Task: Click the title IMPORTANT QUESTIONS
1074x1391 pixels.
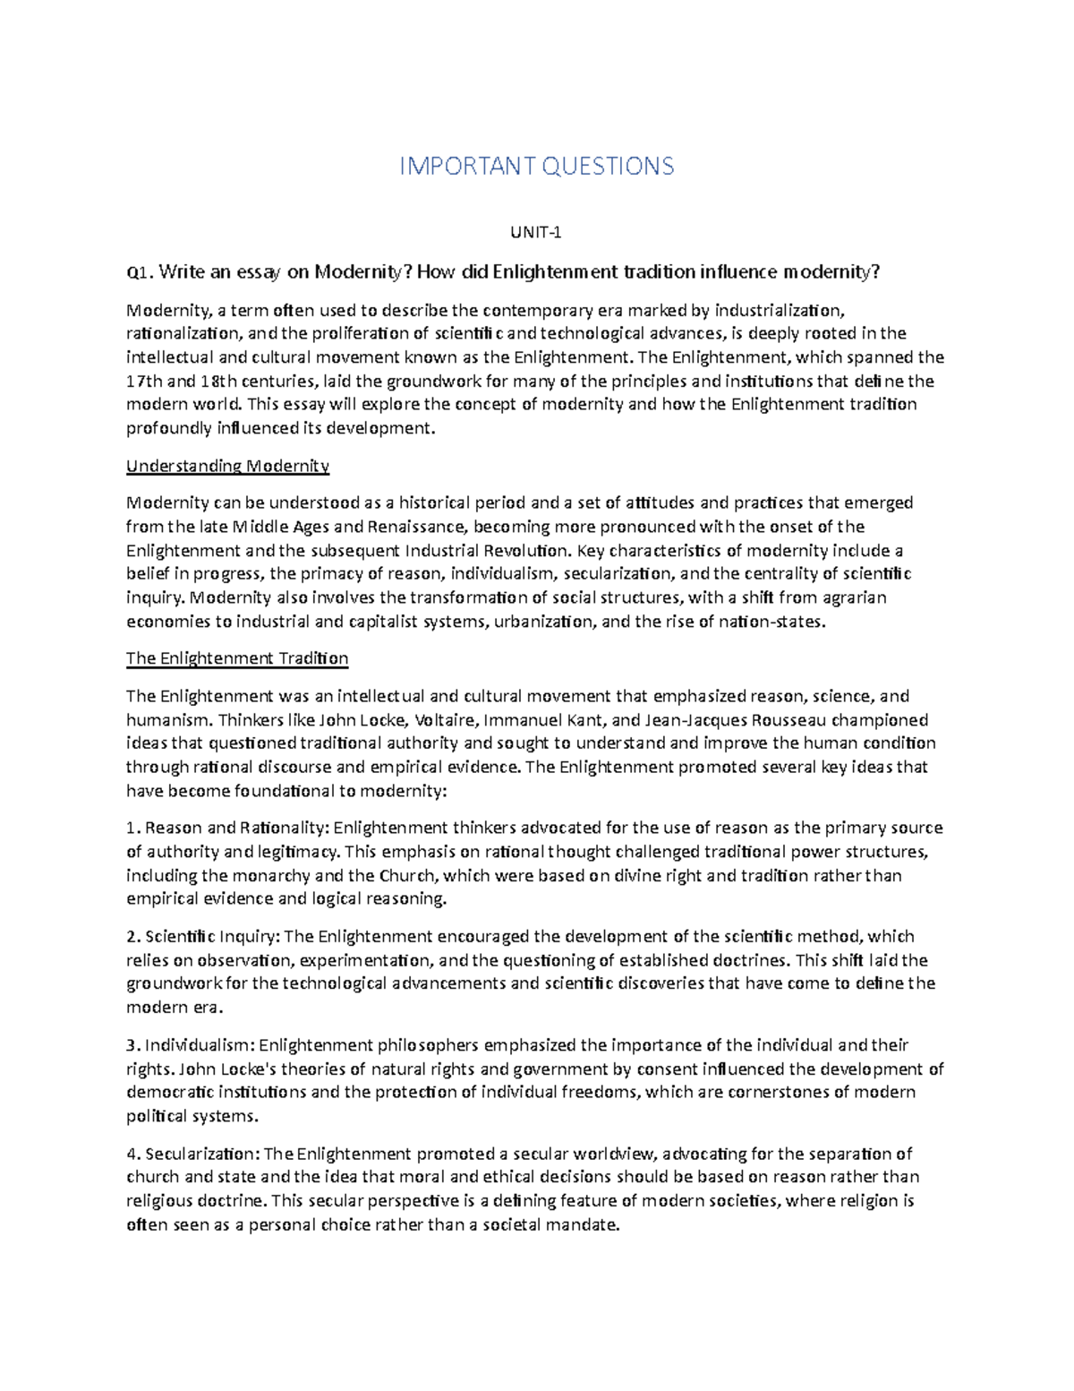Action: pos(536,166)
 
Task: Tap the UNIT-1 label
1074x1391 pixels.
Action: pos(536,233)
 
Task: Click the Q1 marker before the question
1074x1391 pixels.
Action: pos(139,272)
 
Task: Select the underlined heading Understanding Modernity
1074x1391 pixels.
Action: pos(227,466)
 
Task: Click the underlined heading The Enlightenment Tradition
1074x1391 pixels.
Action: pos(237,658)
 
